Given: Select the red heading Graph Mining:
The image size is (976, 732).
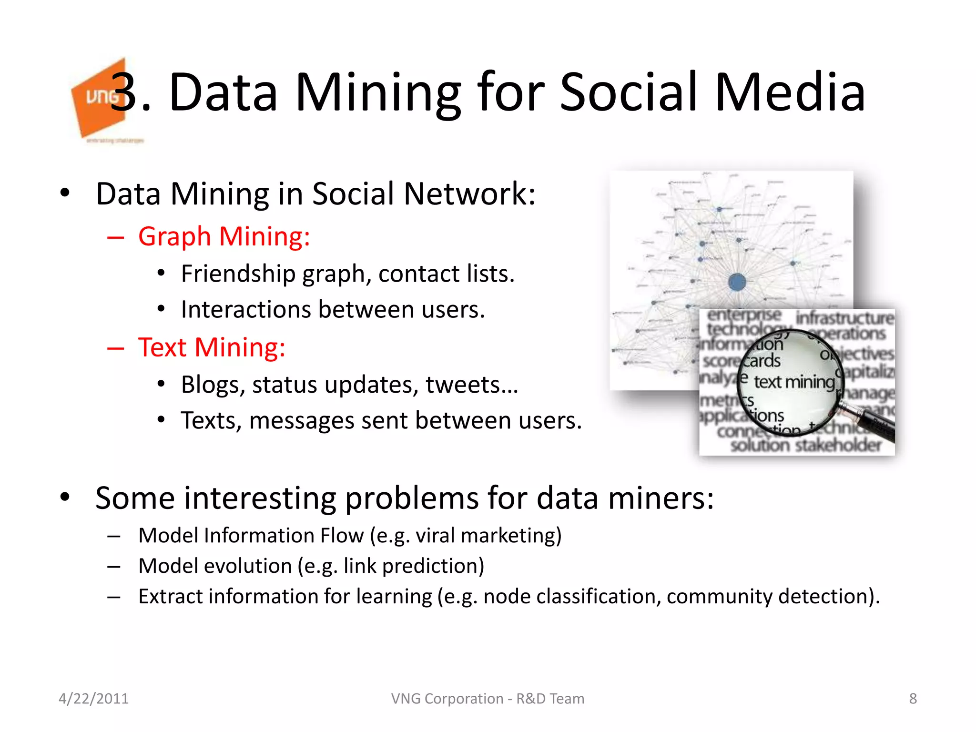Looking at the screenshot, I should tap(224, 237).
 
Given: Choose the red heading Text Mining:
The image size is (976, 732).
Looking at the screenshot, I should tap(212, 347).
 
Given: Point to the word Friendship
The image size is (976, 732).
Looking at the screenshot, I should tap(238, 274).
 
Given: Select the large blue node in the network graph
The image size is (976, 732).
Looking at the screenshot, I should tap(737, 282).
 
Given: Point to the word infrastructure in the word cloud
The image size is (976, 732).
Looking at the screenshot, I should tap(844, 318).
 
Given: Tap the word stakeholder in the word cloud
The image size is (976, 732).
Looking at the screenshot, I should tap(839, 445).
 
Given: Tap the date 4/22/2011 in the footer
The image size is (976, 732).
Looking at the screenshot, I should tap(93, 699).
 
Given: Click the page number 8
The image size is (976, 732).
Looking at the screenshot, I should tap(913, 699).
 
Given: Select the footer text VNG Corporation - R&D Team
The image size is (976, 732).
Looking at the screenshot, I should tap(488, 699).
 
